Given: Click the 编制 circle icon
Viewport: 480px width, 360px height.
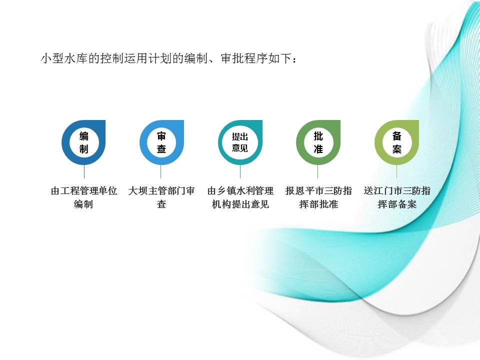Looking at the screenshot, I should pos(83,142).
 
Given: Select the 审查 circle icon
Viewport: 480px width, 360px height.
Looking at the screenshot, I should pos(161,142).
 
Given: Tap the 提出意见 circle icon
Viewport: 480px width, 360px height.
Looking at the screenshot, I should pos(240,142).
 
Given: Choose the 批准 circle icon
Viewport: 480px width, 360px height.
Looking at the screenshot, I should pos(318,142).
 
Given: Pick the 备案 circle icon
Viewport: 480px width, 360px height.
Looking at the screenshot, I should pos(397,142).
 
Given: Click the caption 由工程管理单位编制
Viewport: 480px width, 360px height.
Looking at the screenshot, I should pos(83,197).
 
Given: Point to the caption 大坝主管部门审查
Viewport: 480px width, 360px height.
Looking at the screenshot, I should pos(161,197).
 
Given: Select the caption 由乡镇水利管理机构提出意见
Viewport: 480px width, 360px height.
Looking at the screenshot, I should pos(240,197).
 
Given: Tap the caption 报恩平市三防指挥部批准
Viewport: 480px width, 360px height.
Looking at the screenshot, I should pos(318,197).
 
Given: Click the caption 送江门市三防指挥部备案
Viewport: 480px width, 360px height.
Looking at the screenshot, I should pos(397,197).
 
